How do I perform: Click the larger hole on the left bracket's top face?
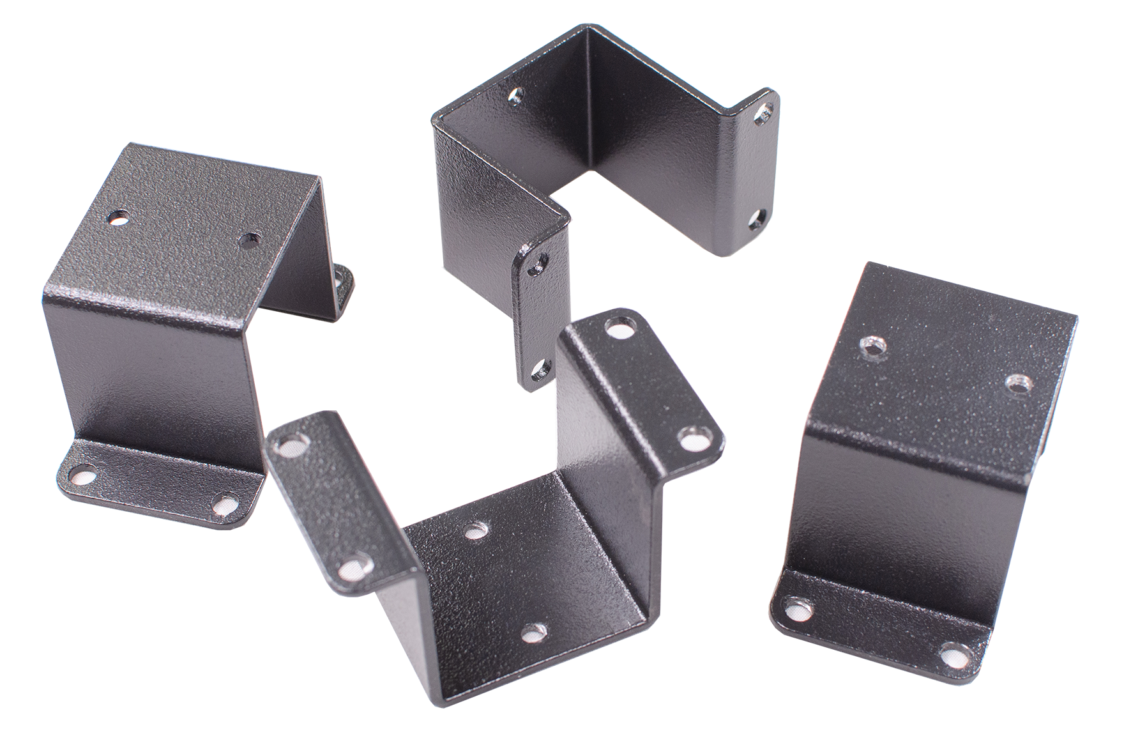pos(118,218)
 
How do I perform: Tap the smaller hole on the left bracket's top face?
pos(246,240)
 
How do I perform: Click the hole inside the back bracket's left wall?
pos(515,96)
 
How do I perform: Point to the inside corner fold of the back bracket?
pos(591,96)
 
